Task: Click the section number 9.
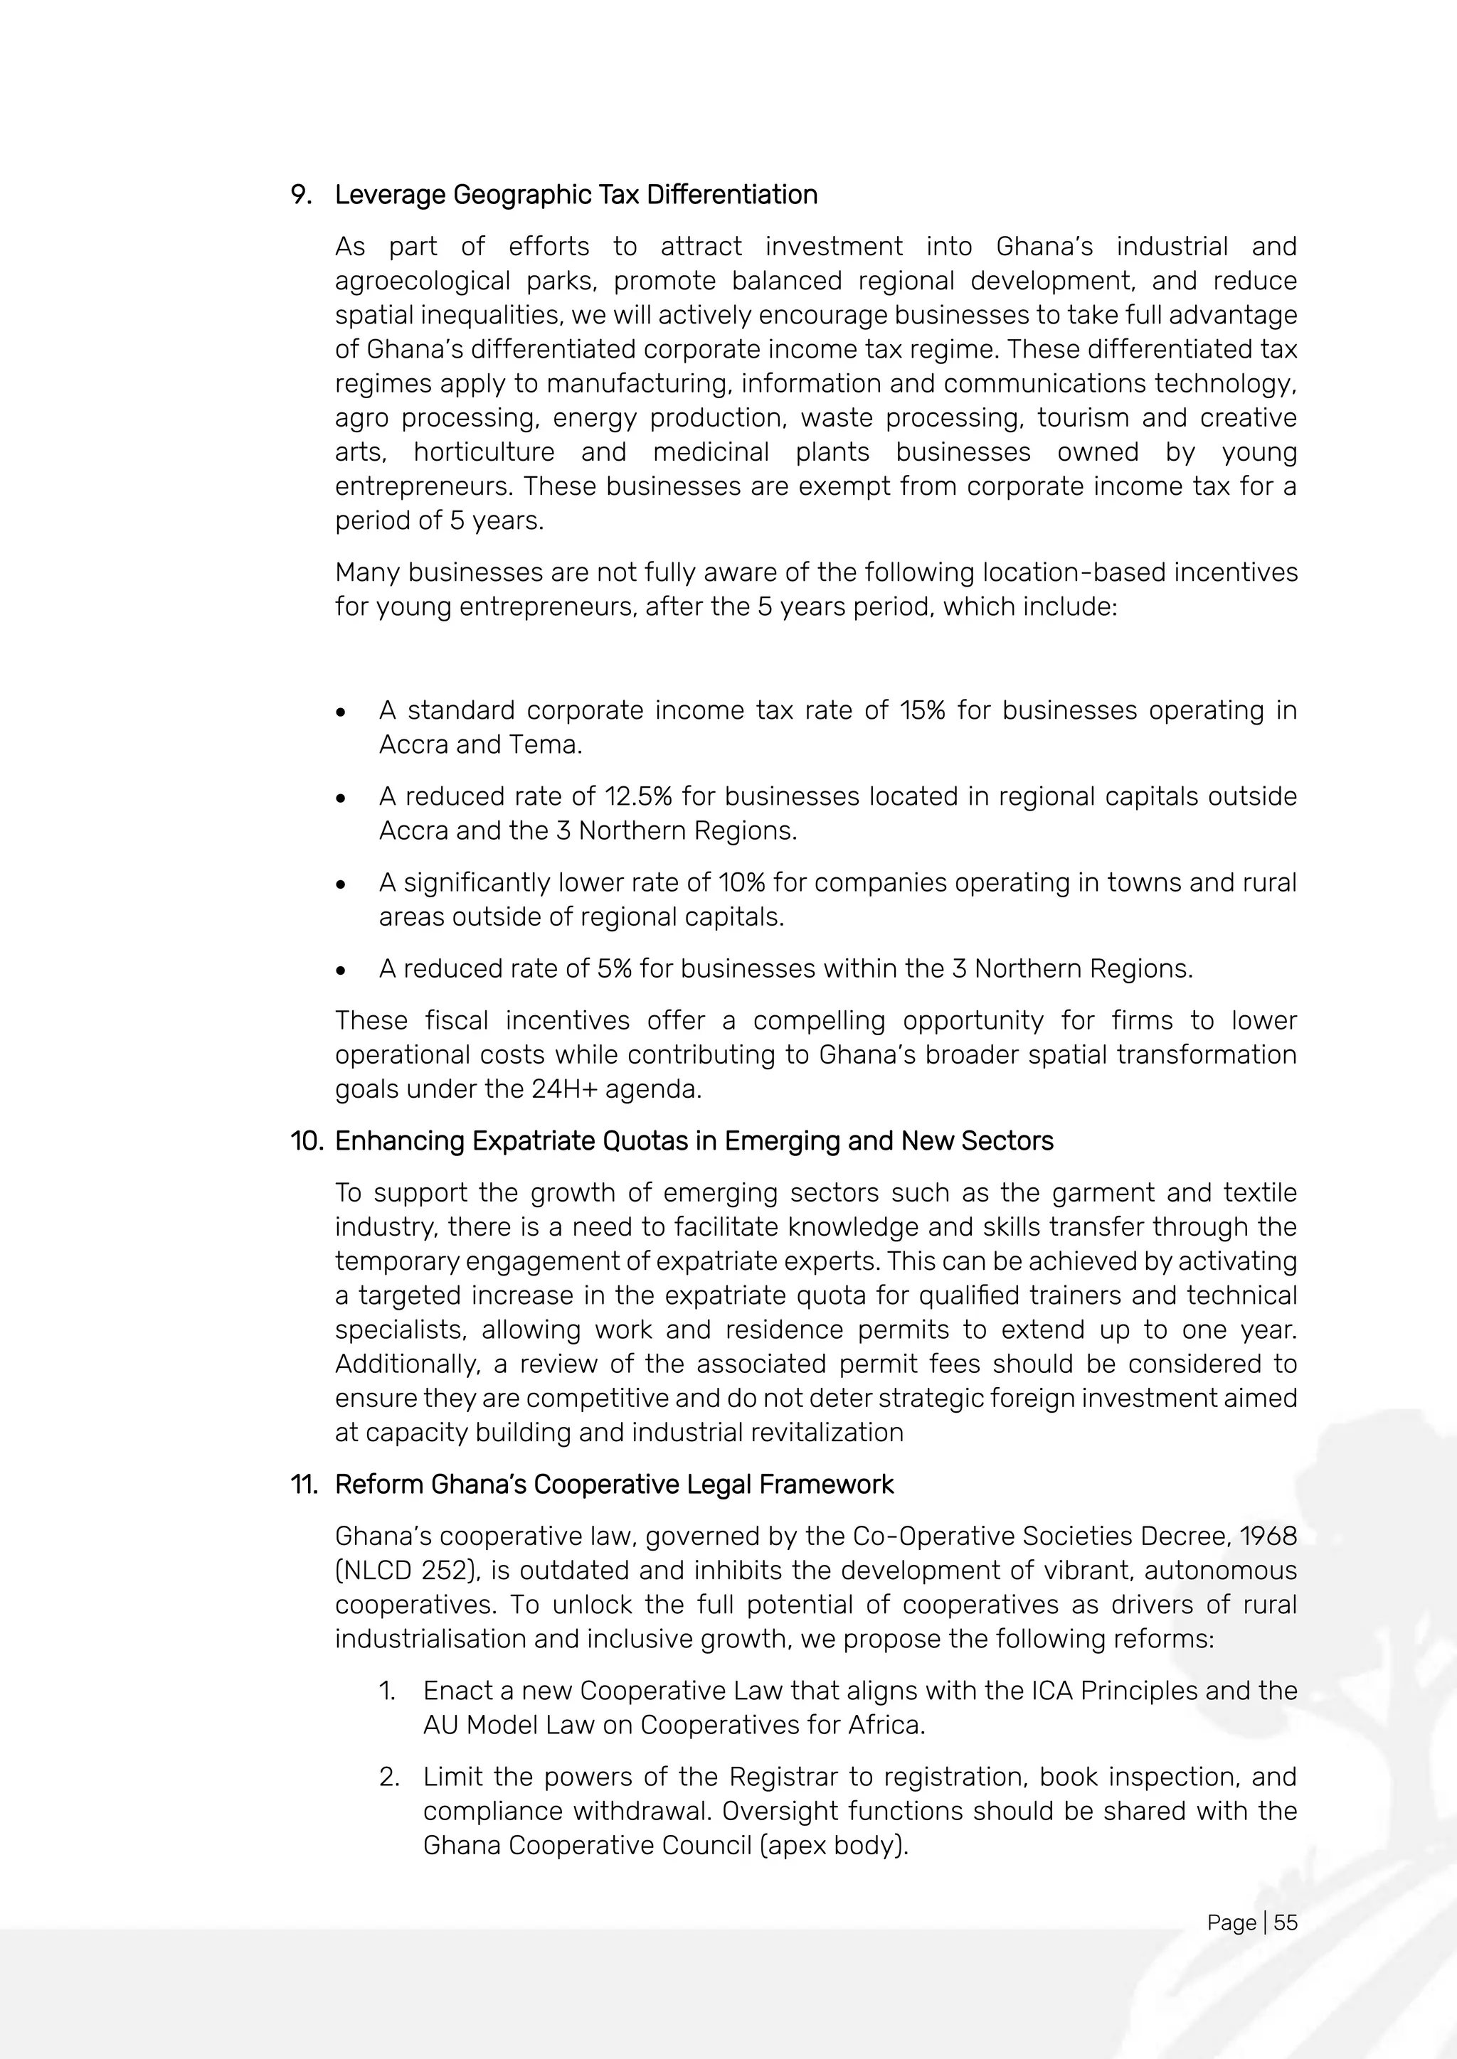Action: pos(300,195)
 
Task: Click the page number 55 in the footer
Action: pos(1285,1922)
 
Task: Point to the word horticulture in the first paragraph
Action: pos(484,452)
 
